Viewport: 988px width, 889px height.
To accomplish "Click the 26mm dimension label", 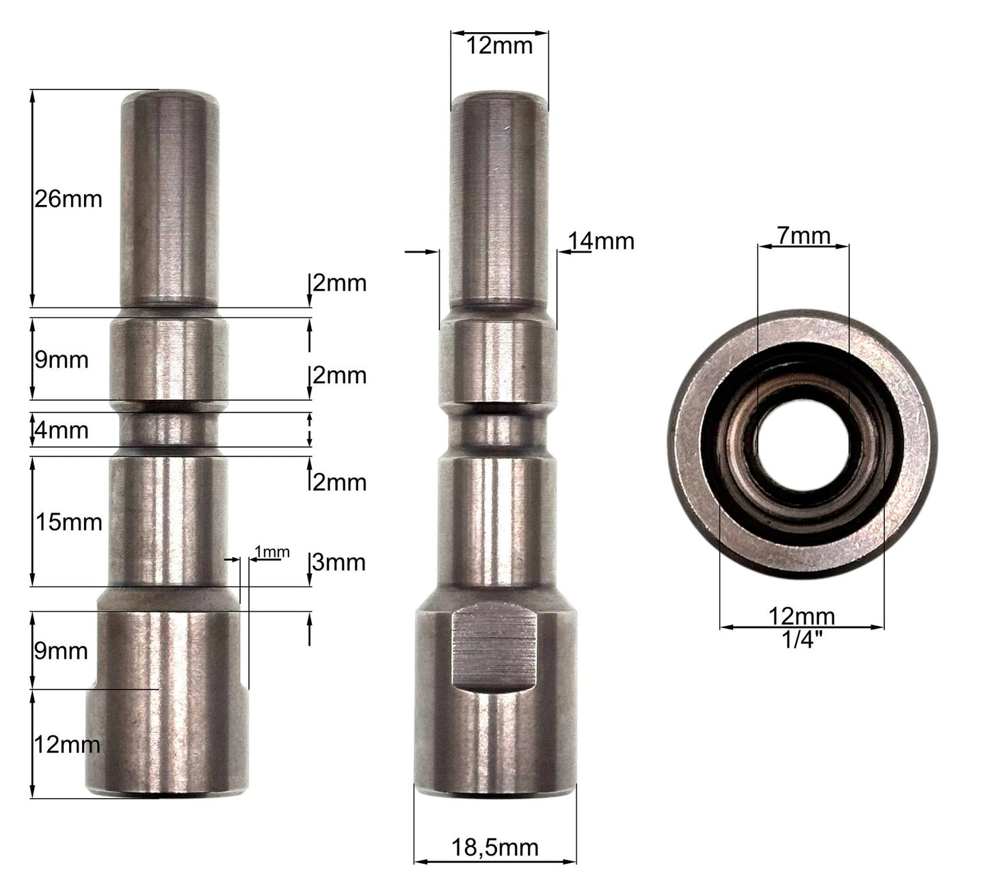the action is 68,200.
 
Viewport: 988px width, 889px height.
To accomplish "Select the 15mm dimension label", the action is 69,522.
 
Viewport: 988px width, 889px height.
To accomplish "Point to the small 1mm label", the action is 272,552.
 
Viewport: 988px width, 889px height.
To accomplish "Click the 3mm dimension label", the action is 339,562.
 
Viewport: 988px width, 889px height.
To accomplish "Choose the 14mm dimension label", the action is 602,242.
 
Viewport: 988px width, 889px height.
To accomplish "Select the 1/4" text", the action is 803,640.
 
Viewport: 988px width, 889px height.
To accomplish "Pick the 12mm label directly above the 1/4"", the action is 802,616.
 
